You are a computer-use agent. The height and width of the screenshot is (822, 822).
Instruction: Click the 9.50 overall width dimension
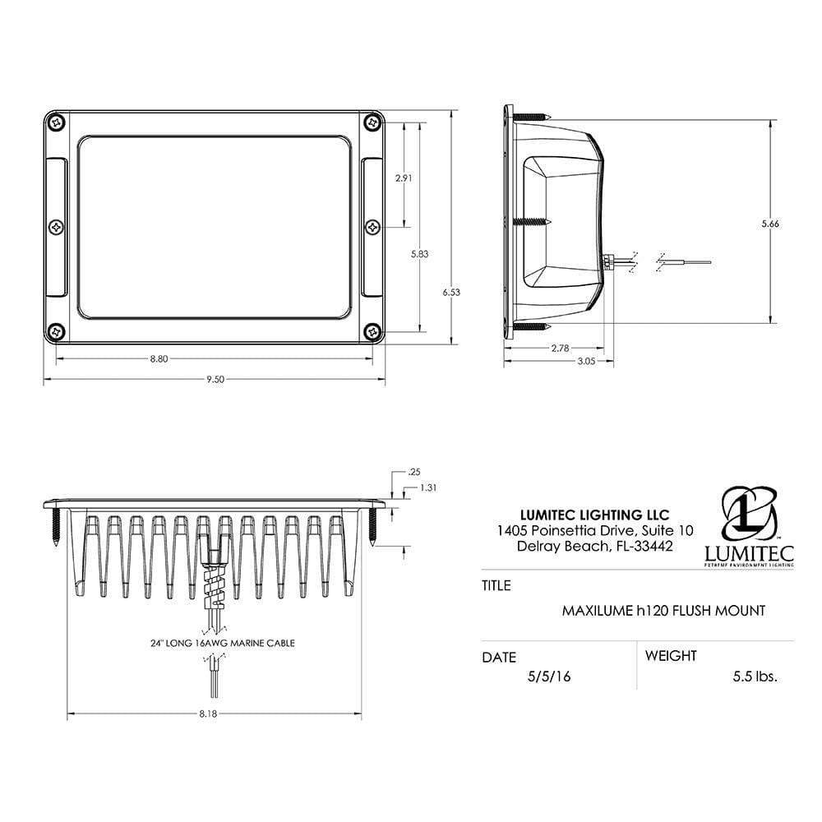pos(215,379)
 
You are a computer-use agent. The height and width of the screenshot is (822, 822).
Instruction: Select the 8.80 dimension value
pos(160,358)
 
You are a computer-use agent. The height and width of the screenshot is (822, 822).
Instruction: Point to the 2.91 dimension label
pos(404,178)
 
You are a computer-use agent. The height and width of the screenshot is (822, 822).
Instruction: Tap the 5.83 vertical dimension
pos(419,254)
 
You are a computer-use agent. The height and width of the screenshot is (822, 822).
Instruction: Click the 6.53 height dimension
pos(451,292)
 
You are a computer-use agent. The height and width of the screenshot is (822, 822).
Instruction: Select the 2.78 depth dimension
pos(559,348)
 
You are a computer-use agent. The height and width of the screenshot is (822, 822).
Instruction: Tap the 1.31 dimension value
pos(427,487)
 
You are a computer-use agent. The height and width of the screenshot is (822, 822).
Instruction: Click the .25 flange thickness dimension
pos(414,472)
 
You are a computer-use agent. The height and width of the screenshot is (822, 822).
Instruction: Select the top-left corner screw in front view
pos(56,122)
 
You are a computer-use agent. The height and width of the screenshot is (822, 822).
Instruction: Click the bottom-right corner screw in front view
pos(372,331)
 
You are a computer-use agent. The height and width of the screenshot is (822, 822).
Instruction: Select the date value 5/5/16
pos(549,677)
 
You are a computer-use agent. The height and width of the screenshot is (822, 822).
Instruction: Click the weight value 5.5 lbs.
pos(755,677)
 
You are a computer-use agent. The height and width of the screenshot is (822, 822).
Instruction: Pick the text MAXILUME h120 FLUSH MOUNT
pos(663,611)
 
